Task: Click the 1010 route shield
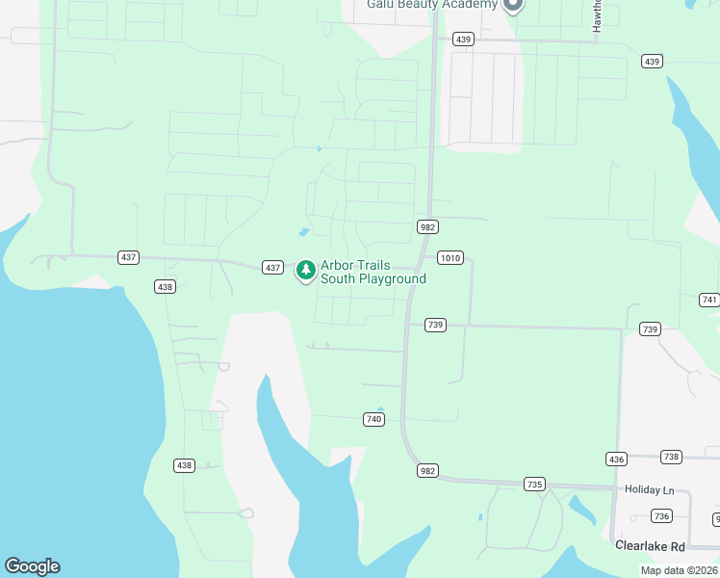(450, 257)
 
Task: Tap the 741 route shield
(710, 300)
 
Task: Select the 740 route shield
(374, 419)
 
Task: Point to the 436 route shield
(616, 459)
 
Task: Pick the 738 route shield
(671, 457)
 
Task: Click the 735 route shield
(535, 484)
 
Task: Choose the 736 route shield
(661, 516)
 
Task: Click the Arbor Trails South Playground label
(373, 272)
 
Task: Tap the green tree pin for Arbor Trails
(306, 270)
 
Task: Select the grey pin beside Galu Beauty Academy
(513, 4)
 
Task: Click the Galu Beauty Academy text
(432, 4)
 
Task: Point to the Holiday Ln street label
(645, 489)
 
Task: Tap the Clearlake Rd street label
(650, 545)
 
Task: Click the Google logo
(32, 566)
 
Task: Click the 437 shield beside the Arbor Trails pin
(272, 267)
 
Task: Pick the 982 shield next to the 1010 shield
(427, 226)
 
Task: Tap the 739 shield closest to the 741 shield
(651, 329)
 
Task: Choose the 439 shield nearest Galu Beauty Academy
(464, 39)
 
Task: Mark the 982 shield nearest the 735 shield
(428, 471)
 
